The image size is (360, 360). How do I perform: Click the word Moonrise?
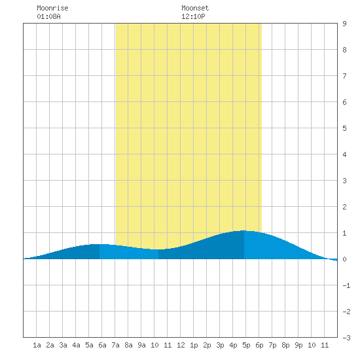52,8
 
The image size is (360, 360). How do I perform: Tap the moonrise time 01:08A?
48,16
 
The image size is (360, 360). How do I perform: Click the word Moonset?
195,8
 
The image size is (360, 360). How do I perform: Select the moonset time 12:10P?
193,16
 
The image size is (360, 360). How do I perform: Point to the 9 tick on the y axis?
344,24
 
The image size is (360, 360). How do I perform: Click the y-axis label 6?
344,102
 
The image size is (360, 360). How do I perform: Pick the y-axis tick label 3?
344,181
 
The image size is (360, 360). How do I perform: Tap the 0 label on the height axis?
344,259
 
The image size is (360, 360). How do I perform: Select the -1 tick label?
346,285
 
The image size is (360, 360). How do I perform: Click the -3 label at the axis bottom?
346,338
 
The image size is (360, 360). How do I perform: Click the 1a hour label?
37,345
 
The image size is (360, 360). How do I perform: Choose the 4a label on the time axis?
76,345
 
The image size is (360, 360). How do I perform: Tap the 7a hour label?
115,345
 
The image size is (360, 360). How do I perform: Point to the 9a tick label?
141,345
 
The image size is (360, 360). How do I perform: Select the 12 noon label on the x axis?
181,345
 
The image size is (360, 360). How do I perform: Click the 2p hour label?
207,345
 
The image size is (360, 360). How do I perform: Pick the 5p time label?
246,345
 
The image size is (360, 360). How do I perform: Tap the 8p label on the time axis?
285,345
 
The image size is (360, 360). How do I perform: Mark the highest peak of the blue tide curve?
243,230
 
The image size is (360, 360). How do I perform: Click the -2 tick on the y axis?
346,312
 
